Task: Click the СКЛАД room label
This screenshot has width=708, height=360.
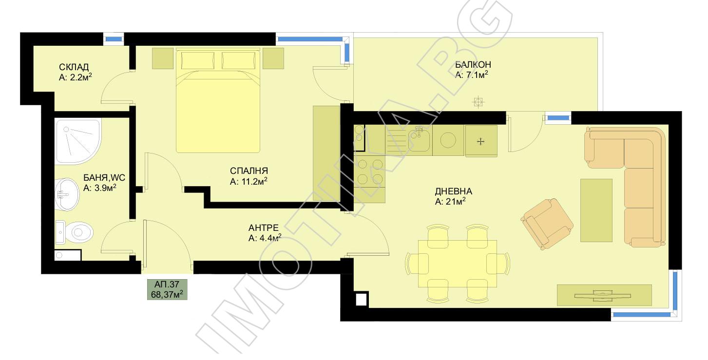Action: (x=74, y=67)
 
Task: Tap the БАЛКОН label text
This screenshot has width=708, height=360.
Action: (x=473, y=64)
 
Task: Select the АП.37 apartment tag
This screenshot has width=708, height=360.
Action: (x=167, y=289)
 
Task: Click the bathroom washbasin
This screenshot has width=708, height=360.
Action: (x=67, y=194)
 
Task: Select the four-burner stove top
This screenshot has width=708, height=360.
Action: (x=369, y=172)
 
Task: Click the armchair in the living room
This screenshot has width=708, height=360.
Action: (x=547, y=224)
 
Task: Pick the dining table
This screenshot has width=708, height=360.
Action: (x=458, y=264)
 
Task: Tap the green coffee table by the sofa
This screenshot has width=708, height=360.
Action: (x=596, y=210)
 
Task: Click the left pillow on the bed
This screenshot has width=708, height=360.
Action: (x=197, y=60)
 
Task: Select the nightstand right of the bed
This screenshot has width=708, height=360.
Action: (x=273, y=58)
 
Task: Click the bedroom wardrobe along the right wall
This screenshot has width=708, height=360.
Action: (x=326, y=153)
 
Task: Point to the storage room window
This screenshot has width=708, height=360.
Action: (x=114, y=39)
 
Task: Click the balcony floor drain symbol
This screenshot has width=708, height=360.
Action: (x=478, y=102)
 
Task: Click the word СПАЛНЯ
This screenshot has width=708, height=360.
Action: (x=249, y=171)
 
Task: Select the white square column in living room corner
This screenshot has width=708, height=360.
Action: (x=361, y=299)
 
